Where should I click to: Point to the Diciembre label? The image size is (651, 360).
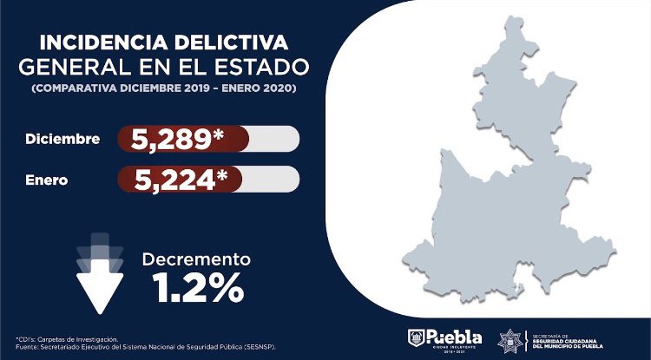[62, 139]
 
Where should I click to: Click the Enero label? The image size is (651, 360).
[46, 180]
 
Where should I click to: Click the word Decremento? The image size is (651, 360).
[196, 259]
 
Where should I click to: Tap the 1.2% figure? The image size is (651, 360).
[196, 288]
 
